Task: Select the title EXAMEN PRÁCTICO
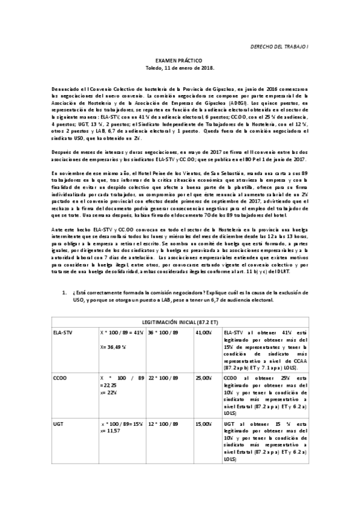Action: [179, 61]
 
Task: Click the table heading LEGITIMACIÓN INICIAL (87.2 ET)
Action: [180, 320]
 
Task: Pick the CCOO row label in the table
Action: [59, 378]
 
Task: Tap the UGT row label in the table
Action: [58, 424]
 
